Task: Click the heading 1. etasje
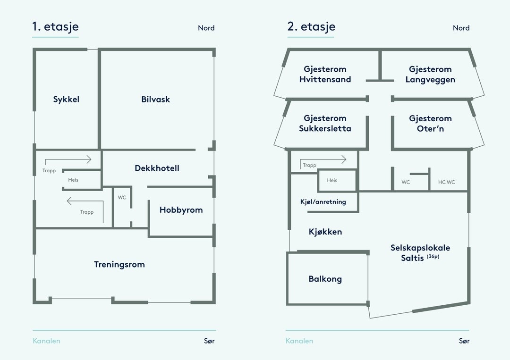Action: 55,27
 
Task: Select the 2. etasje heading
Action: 311,27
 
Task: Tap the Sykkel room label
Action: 66,100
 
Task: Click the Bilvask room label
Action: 155,100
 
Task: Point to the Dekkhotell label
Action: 157,168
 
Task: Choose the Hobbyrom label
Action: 181,210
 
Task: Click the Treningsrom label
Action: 119,265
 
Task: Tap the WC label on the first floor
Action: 122,198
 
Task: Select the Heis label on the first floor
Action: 73,180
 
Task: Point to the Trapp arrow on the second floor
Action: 323,160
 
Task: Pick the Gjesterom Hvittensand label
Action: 325,75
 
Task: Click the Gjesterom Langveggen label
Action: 430,75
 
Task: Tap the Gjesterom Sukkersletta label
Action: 325,124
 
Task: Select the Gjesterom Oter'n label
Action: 430,124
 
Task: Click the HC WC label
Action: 446,182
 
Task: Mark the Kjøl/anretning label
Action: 323,202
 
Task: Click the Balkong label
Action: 325,279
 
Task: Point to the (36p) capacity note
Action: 433,256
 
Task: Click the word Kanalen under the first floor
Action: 46,341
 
